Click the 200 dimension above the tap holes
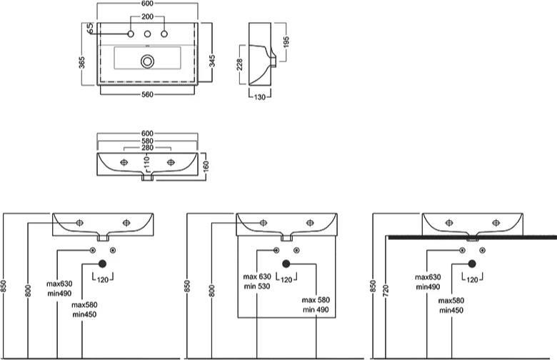pos(148,16)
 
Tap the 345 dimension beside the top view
pos(212,61)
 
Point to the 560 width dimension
pos(148,93)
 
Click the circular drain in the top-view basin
pos(148,61)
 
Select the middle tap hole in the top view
pos(148,34)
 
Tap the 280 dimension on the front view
pos(148,148)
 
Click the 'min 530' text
pos(256,286)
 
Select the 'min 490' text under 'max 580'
pos(315,309)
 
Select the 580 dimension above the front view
pos(148,141)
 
